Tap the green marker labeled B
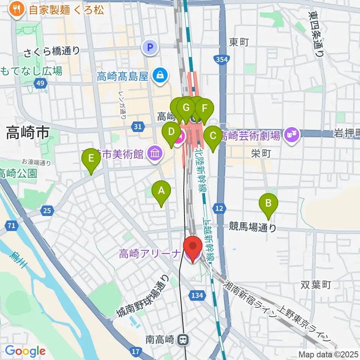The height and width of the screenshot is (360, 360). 268,204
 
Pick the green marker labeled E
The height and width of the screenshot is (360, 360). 91,159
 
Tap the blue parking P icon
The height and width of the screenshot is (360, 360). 150,48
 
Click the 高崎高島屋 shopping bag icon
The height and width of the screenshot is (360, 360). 160,76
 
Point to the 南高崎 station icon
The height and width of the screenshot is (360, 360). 183,340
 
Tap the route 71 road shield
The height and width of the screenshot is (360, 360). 12,225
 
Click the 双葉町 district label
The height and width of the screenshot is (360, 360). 316,285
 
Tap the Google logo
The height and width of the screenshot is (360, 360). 25,351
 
